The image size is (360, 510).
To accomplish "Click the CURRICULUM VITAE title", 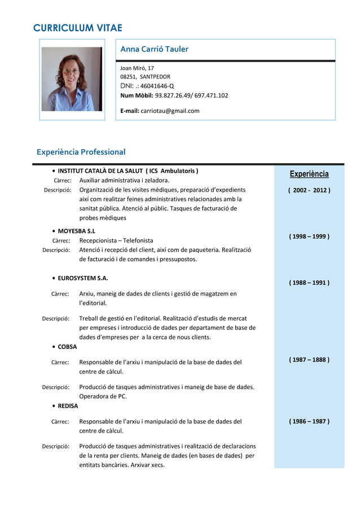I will pyautogui.click(x=78, y=28).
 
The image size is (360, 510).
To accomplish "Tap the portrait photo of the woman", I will pyautogui.click(x=72, y=79).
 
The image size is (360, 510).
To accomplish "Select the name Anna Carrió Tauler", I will pyautogui.click(x=154, y=49).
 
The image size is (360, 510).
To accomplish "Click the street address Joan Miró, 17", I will pyautogui.click(x=137, y=68).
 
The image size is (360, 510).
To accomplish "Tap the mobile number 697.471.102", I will pyautogui.click(x=211, y=95).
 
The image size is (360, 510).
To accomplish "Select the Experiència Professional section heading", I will pyautogui.click(x=81, y=152).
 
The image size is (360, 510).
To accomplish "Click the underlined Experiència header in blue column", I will pyautogui.click(x=309, y=174).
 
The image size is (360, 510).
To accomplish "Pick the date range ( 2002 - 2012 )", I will pyautogui.click(x=309, y=190).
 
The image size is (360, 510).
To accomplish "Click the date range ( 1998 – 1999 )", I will pyautogui.click(x=309, y=236).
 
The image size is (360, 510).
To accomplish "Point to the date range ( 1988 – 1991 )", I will pyautogui.click(x=309, y=282).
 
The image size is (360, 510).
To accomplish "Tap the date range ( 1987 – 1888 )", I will pyautogui.click(x=309, y=360).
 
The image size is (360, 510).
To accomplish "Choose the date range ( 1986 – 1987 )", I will pyautogui.click(x=309, y=421).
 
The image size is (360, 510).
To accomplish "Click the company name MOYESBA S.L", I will pyautogui.click(x=77, y=231).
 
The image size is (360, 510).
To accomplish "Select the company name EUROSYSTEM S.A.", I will pyautogui.click(x=83, y=278).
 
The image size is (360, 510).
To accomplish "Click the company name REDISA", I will pyautogui.click(x=68, y=406).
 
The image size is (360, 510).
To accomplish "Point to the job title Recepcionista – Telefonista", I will pyautogui.click(x=116, y=241).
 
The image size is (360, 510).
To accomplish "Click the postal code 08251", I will pyautogui.click(x=129, y=77).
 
